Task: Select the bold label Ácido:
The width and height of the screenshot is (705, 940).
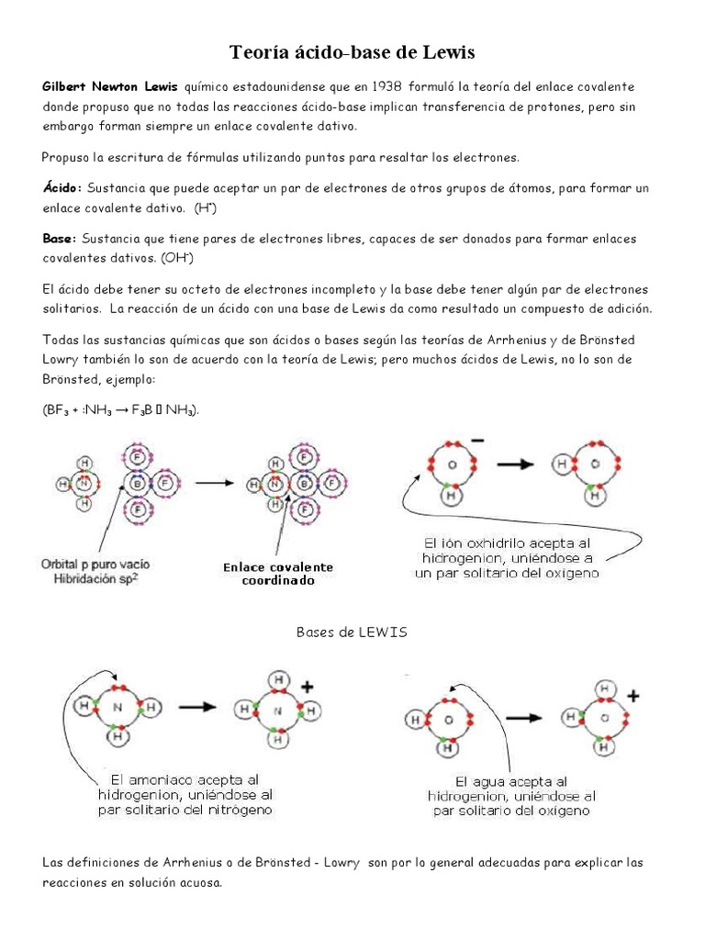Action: point(62,188)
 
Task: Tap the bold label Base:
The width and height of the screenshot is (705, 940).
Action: point(60,239)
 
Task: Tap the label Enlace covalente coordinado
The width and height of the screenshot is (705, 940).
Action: point(278,574)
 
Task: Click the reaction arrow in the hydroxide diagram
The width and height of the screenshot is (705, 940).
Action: point(517,464)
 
